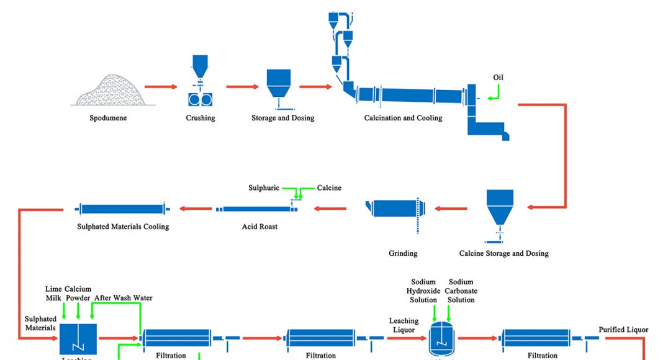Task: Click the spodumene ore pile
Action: coord(111,90)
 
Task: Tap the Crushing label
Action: coord(201,118)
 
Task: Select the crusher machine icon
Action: coord(201,98)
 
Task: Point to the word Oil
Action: coord(498,78)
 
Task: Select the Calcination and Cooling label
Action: coord(403,118)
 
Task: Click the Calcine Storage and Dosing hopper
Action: coord(500,208)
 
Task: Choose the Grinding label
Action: coord(403,253)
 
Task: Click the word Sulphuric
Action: coord(264,187)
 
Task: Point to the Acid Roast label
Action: coord(259,227)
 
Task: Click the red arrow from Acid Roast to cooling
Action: coord(196,209)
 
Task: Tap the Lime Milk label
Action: coord(54,293)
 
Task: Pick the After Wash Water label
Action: coord(124,298)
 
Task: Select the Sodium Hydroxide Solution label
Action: coord(423,290)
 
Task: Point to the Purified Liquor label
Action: coord(623,330)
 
